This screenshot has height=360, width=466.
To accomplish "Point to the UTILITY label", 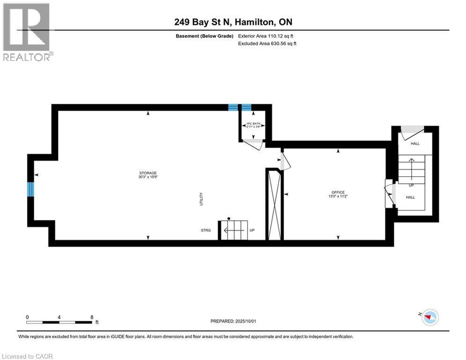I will (x=201, y=199).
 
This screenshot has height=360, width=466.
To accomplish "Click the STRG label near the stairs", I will (x=206, y=231).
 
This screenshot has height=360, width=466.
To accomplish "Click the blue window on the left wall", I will (x=31, y=189).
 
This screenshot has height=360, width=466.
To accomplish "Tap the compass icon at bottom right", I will (x=429, y=317).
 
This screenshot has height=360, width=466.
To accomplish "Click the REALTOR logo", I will (x=27, y=32).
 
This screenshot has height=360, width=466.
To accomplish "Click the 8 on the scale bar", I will (x=92, y=317).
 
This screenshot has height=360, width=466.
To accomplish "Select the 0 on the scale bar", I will (x=28, y=317).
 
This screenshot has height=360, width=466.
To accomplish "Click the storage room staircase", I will (x=234, y=230).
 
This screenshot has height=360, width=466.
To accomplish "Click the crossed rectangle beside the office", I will (x=274, y=204).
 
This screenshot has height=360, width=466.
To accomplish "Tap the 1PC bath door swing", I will (x=254, y=144).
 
